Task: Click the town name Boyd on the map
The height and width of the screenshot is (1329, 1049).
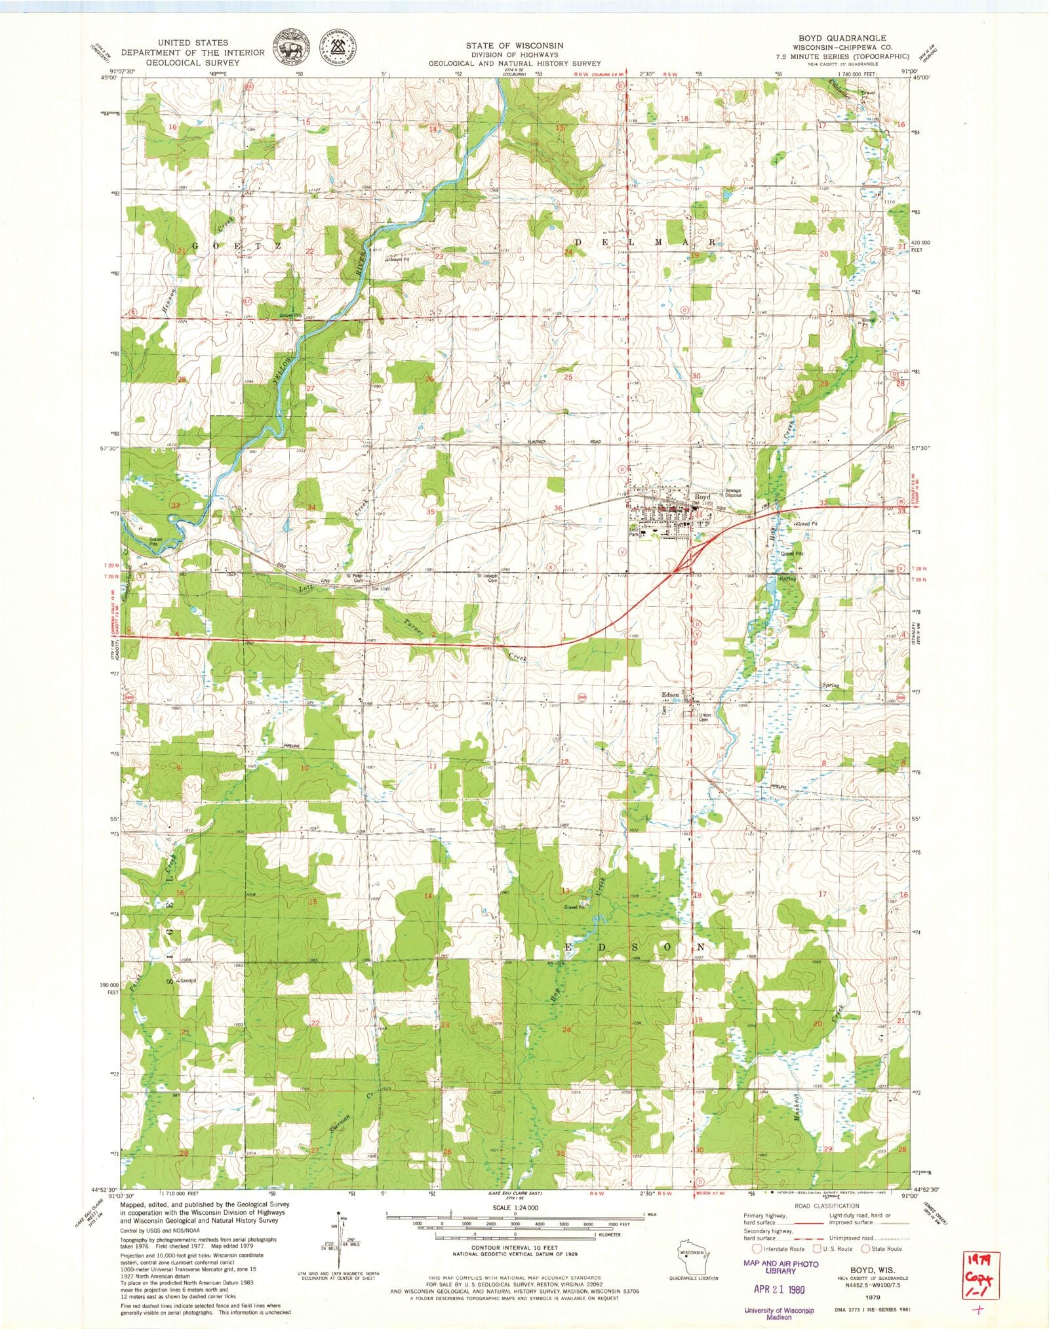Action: point(702,497)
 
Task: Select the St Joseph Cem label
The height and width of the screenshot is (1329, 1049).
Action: point(487,578)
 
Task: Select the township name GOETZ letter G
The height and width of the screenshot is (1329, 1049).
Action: point(195,245)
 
